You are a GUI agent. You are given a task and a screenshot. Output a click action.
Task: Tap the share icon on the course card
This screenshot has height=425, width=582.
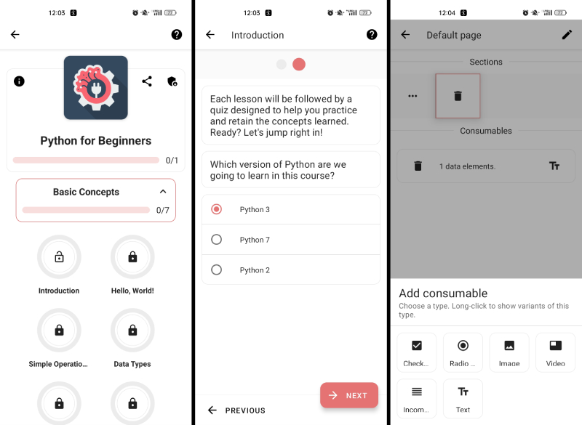click(x=147, y=81)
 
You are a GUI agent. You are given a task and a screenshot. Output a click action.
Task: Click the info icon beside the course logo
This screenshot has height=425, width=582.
click(x=19, y=81)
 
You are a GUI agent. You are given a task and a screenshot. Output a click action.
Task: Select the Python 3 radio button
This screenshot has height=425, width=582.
click(x=216, y=209)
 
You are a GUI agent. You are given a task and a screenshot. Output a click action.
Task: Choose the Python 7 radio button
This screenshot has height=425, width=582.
click(x=216, y=239)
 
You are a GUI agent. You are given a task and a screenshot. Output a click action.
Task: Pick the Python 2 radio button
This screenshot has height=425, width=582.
click(x=216, y=270)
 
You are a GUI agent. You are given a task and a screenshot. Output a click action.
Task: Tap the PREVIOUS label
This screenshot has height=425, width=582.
click(x=245, y=410)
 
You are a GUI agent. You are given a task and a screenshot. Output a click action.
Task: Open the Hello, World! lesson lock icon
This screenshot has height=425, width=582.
click(x=132, y=256)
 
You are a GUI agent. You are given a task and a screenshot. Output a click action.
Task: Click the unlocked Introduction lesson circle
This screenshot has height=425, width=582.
click(x=59, y=256)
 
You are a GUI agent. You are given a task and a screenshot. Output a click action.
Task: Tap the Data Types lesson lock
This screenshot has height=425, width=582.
click(x=132, y=330)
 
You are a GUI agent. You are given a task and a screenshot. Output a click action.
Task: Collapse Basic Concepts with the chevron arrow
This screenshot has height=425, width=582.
click(x=163, y=192)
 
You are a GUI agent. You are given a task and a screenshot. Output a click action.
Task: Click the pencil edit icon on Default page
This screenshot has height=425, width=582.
click(x=567, y=35)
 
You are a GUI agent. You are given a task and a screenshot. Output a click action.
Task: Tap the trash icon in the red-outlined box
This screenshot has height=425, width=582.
click(x=458, y=96)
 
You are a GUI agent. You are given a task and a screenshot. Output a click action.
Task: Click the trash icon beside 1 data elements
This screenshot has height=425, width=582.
click(x=418, y=166)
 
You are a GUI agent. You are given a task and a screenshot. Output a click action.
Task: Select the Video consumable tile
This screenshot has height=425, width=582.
click(x=555, y=352)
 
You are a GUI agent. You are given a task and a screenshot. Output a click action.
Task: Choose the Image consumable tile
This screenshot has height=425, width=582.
click(x=509, y=352)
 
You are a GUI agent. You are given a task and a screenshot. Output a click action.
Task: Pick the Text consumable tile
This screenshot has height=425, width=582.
click(x=463, y=398)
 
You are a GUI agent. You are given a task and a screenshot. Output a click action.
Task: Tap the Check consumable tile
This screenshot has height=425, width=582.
click(x=416, y=352)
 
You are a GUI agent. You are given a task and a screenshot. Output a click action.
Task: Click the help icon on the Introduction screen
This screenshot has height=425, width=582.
click(x=372, y=34)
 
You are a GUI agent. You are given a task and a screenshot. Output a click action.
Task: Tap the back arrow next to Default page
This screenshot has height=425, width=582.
click(x=405, y=35)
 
